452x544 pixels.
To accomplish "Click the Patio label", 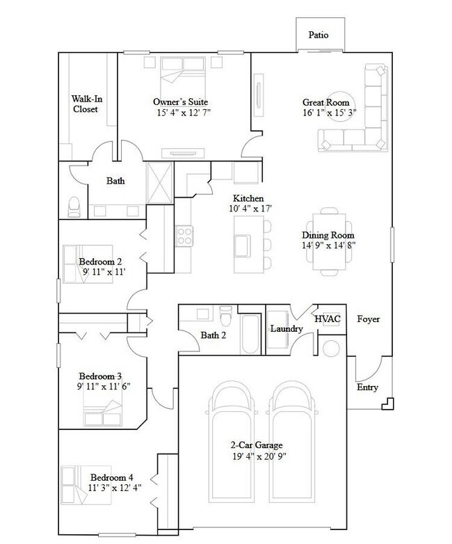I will pos(318,35).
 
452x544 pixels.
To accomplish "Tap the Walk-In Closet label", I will pos(86,104).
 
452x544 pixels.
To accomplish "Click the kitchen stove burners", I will pos(184,236).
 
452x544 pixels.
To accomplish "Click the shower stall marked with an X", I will pos(159,183).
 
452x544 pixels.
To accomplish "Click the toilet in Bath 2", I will pos(225,318).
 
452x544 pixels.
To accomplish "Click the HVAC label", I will pos(328,319).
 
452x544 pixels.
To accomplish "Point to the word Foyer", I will pos(368,319).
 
